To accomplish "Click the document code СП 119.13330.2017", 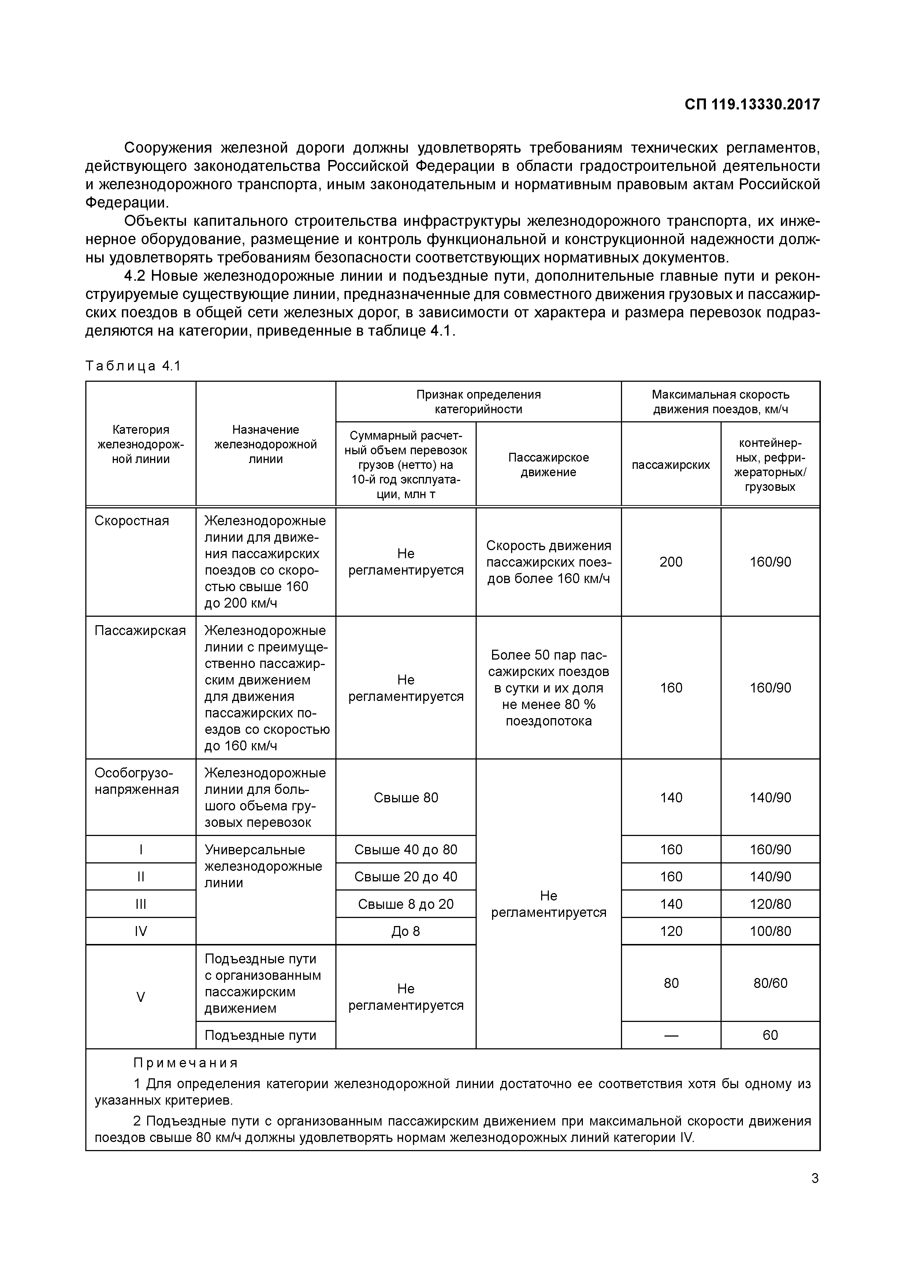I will (x=752, y=105).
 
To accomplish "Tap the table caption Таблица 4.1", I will (x=133, y=366).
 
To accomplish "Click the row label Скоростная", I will (x=131, y=520).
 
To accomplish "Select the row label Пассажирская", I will (x=140, y=630).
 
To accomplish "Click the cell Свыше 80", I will (x=406, y=798).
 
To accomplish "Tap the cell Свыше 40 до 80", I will (x=406, y=850).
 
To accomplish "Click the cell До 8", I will (x=406, y=931).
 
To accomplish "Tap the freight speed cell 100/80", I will (x=770, y=931).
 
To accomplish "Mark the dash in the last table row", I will (x=671, y=1035).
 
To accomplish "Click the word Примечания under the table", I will (x=186, y=1063).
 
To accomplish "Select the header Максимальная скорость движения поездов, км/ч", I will (x=720, y=402).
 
